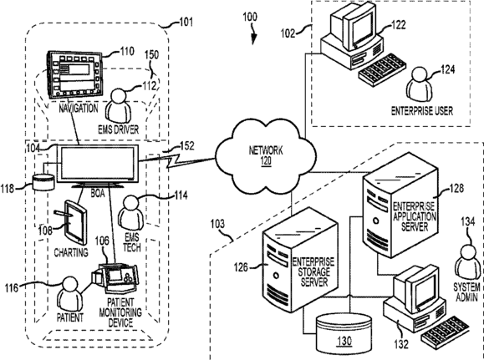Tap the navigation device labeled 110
[x=74, y=75]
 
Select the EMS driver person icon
[x=118, y=106]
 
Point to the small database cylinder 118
[x=43, y=182]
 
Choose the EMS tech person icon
[x=131, y=213]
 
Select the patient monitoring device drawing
[x=115, y=277]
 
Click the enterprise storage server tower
[x=299, y=260]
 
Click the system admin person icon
[x=467, y=262]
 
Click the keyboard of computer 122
[x=381, y=69]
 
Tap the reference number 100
[x=250, y=17]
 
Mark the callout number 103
[x=217, y=224]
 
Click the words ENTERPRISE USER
[x=422, y=111]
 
